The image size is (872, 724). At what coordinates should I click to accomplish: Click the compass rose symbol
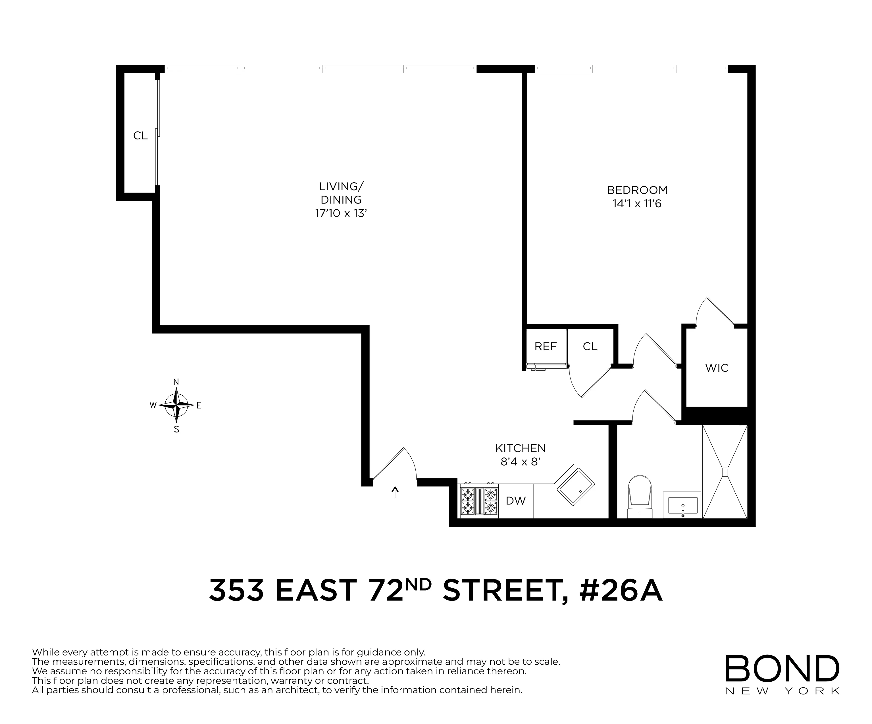click(x=176, y=405)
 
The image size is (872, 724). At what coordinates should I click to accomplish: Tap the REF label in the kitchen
click(x=545, y=346)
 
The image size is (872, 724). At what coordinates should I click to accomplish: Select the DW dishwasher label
click(x=516, y=501)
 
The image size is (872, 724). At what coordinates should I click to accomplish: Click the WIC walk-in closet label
click(x=717, y=368)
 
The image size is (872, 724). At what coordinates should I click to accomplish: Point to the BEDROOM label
click(x=637, y=190)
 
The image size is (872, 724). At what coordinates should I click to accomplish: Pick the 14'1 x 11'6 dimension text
click(x=637, y=204)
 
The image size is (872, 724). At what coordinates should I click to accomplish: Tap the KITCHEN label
click(x=520, y=448)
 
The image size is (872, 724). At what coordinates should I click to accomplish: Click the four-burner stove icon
click(x=479, y=501)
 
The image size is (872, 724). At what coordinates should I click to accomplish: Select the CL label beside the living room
click(x=140, y=136)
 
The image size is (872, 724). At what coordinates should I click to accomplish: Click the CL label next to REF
click(x=590, y=346)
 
